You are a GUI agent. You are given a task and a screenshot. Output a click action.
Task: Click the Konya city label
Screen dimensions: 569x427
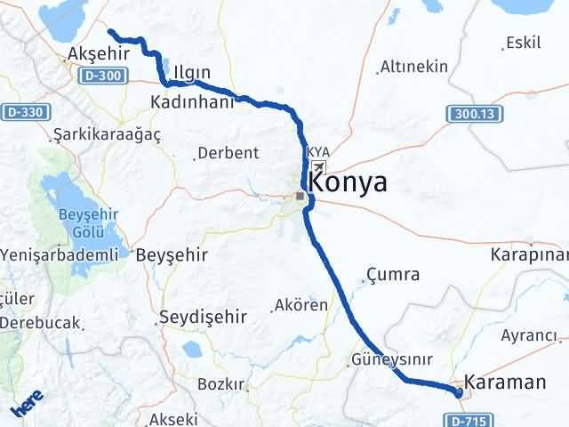click(x=348, y=183)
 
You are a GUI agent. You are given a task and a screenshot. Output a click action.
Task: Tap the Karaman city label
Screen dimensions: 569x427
click(x=504, y=383)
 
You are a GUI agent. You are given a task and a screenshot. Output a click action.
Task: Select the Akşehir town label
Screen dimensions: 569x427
click(x=99, y=53)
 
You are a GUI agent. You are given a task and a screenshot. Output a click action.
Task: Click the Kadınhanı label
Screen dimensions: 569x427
click(x=191, y=102)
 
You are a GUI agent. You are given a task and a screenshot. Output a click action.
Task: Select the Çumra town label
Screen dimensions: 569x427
click(x=393, y=274)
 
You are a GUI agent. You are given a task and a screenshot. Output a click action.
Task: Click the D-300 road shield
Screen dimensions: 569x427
click(x=105, y=77)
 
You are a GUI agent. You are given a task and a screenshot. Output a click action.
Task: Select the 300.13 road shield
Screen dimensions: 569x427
click(x=470, y=114)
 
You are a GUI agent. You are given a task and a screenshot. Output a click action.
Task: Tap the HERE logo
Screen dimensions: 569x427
click(x=27, y=407)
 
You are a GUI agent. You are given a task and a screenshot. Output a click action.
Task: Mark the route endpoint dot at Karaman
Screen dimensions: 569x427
click(x=459, y=392)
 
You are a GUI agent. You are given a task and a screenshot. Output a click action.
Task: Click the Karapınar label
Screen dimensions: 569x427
click(x=530, y=254)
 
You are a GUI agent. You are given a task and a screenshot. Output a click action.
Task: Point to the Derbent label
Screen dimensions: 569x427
click(x=228, y=152)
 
